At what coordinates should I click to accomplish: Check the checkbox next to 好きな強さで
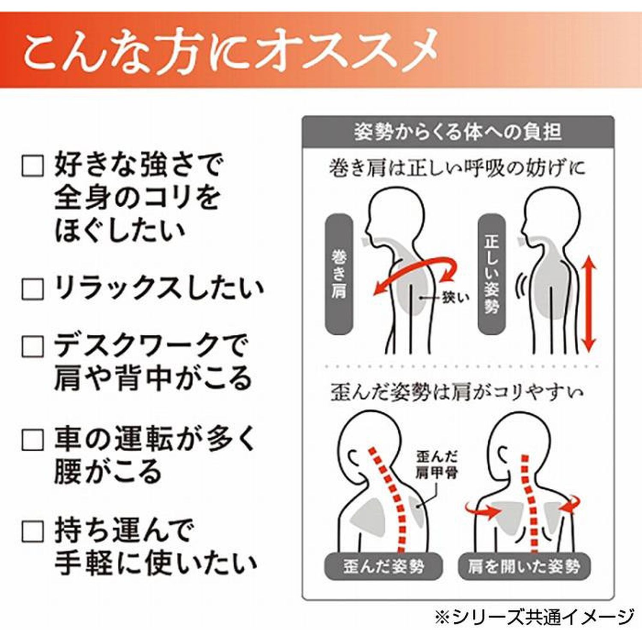33,166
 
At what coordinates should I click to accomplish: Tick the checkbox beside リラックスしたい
33,289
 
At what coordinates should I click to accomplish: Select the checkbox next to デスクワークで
33,346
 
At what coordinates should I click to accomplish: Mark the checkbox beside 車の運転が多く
33,440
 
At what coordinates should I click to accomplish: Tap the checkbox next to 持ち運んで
33,532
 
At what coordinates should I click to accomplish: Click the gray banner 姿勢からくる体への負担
458,132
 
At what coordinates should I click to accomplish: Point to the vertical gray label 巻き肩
339,274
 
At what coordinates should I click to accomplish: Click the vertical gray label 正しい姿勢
491,274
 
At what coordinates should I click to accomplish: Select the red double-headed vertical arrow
589,304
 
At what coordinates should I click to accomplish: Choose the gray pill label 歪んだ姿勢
383,567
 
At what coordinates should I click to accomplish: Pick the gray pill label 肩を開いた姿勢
524,567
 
